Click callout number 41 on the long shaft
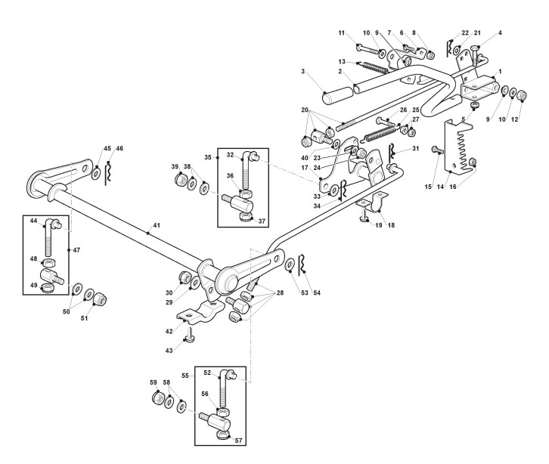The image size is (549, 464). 157,225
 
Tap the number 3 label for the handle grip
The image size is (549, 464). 303,71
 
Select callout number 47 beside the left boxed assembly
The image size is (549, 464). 76,250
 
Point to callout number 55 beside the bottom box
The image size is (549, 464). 185,376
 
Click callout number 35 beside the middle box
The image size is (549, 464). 208,157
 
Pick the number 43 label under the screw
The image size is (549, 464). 169,351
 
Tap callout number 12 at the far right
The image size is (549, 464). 514,119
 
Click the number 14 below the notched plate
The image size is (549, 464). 440,187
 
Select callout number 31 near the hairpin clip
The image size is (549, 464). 416,148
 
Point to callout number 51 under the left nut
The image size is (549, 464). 85,318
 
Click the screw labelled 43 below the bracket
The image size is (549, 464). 189,335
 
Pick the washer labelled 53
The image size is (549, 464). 290,265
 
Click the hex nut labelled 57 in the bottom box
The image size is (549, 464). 222,435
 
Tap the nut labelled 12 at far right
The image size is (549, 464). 522,94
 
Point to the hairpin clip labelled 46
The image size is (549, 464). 109,174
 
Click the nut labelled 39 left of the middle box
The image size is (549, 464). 181,180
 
